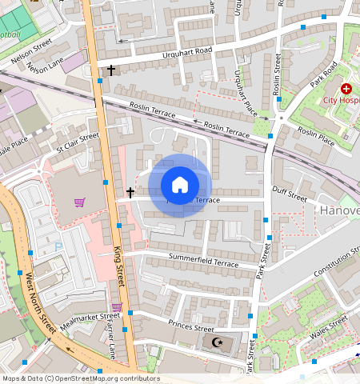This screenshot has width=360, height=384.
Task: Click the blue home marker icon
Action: click(x=180, y=186)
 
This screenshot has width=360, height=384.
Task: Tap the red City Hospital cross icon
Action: click(x=346, y=89)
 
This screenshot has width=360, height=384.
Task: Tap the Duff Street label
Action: click(x=289, y=194)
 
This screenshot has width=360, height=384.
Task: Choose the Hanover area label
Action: click(x=340, y=210)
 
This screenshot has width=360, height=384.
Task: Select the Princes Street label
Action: click(x=191, y=326)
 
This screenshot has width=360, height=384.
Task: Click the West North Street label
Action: click(x=39, y=303)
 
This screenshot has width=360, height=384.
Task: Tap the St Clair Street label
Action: click(x=77, y=143)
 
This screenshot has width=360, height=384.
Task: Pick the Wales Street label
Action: click(x=329, y=326)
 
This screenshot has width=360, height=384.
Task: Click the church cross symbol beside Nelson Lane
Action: click(x=111, y=70)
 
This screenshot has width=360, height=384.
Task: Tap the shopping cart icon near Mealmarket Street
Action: click(x=117, y=306)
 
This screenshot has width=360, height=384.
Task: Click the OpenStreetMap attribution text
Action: click(x=81, y=378)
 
